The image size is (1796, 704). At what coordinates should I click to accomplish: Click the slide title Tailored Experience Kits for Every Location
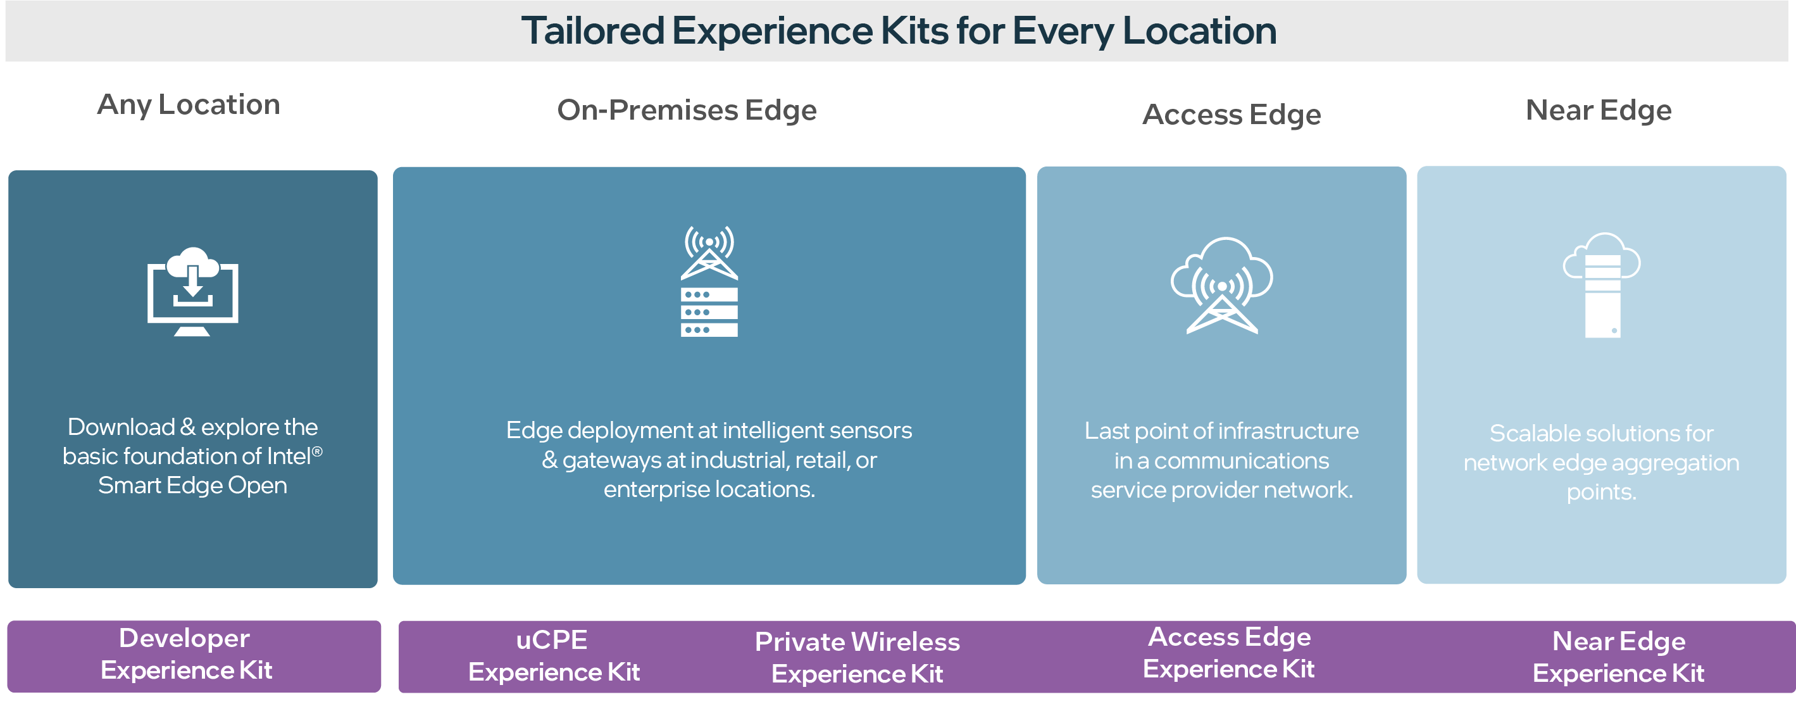[x=898, y=32]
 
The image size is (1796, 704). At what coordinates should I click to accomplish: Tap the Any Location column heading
[x=188, y=104]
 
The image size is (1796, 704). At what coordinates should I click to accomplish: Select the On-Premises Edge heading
[x=687, y=110]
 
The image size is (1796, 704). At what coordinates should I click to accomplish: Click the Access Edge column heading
[x=1232, y=115]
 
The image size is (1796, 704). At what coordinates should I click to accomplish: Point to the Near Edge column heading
[x=1598, y=110]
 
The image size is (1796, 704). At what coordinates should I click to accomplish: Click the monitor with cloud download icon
[x=192, y=292]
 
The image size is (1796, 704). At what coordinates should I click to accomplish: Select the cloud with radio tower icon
[x=1221, y=286]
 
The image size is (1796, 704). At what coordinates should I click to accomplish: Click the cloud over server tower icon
[x=1602, y=286]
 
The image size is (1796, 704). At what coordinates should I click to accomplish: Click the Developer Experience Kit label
[x=186, y=655]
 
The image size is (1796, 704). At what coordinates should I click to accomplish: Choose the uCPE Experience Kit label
[x=554, y=656]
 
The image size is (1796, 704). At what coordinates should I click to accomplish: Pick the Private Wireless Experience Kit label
[x=857, y=657]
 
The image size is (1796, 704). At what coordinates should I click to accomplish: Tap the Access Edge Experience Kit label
[x=1228, y=653]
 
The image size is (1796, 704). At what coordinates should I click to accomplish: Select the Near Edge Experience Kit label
[x=1618, y=657]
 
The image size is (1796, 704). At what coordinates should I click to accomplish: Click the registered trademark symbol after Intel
[x=317, y=451]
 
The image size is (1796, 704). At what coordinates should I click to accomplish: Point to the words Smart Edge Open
[x=192, y=485]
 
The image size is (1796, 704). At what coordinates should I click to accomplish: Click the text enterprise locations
[x=709, y=489]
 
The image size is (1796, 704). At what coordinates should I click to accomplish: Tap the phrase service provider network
[x=1221, y=490]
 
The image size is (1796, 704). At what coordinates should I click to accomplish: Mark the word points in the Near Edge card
[x=1601, y=492]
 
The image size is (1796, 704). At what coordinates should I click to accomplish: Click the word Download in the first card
[x=122, y=426]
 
